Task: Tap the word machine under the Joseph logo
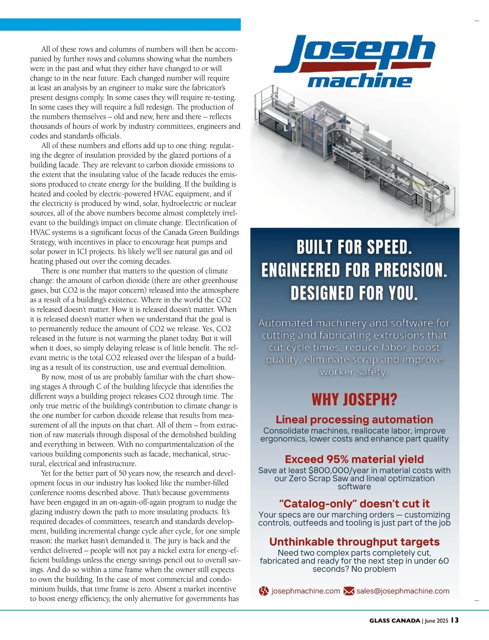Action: (360, 81)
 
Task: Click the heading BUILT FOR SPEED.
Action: (354, 247)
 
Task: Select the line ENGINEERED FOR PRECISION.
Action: (354, 270)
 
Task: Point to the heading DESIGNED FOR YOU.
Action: (354, 293)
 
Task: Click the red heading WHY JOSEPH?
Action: (354, 399)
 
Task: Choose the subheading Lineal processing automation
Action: (354, 419)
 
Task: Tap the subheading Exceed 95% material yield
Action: (354, 459)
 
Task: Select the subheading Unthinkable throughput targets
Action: (354, 542)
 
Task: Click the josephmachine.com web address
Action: (306, 591)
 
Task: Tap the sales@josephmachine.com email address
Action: (403, 591)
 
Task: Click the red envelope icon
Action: (348, 591)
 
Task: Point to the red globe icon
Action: (264, 591)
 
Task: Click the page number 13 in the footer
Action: (455, 620)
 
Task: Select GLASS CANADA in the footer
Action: (394, 620)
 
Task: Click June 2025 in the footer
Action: (436, 620)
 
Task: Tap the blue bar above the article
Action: (120, 24)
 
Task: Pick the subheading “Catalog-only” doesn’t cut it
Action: (354, 504)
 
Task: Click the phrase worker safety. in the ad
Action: (354, 372)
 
